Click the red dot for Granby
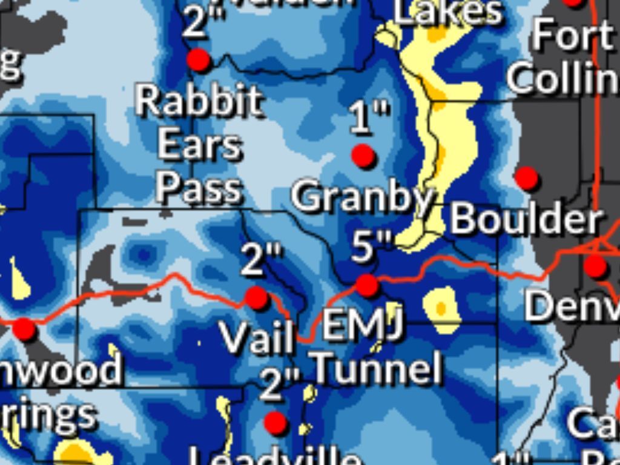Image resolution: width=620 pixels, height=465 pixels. pyautogui.click(x=363, y=156)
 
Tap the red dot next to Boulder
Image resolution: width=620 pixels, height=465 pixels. pyautogui.click(x=526, y=178)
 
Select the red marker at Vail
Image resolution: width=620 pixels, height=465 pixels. pyautogui.click(x=257, y=298)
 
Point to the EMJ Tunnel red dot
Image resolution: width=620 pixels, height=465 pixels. pyautogui.click(x=367, y=285)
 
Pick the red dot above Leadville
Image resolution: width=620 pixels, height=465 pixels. pyautogui.click(x=275, y=423)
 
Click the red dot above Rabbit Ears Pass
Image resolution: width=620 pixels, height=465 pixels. pyautogui.click(x=198, y=60)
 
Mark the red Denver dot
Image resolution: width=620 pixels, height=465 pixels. pyautogui.click(x=595, y=265)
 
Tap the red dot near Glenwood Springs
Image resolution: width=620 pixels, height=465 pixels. pyautogui.click(x=25, y=329)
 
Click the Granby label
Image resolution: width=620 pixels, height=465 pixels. pyautogui.click(x=363, y=197)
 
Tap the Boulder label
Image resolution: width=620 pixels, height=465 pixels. pyautogui.click(x=526, y=219)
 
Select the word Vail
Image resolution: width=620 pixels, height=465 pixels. pyautogui.click(x=257, y=337)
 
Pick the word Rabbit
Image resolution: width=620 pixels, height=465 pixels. pyautogui.click(x=199, y=101)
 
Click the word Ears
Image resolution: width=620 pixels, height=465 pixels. pyautogui.click(x=199, y=145)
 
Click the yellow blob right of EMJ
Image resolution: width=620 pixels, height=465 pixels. pyautogui.click(x=441, y=309)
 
